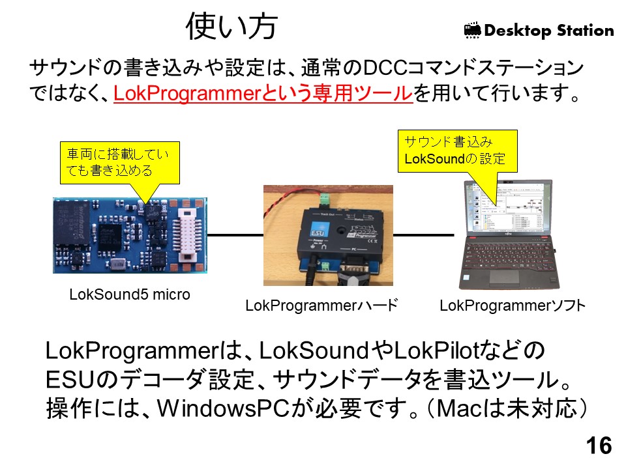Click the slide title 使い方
(232, 27)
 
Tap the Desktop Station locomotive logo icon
(472, 30)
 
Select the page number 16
(599, 446)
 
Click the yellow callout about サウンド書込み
(456, 150)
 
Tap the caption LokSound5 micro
(129, 294)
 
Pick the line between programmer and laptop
(424, 234)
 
